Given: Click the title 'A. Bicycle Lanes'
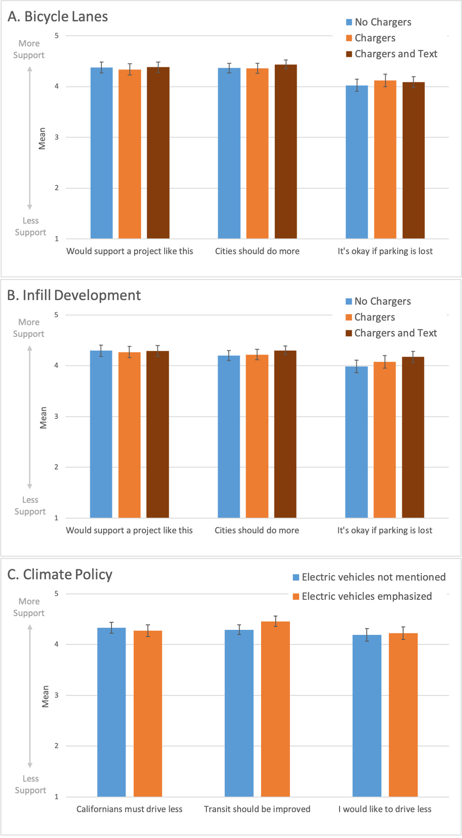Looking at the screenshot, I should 58,17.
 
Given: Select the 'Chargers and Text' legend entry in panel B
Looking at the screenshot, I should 391,333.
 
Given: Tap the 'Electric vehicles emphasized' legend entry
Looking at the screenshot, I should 363,597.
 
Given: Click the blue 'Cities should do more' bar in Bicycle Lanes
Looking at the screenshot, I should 229,153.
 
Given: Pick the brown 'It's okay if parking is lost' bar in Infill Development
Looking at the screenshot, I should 413,437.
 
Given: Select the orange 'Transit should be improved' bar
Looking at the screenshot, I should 275,709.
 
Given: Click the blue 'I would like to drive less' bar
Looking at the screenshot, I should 367,716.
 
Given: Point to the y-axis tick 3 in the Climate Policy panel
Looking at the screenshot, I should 56,695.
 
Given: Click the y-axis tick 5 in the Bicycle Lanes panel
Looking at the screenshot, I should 57,36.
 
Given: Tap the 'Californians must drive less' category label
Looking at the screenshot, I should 129,809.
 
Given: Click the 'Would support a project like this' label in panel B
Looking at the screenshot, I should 129,530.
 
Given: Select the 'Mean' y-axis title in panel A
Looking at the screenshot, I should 42,138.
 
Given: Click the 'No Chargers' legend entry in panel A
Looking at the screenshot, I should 379,22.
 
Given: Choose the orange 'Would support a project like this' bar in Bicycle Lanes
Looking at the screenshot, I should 130,154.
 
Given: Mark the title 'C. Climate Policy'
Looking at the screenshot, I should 60,575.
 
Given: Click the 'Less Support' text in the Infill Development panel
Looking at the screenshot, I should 30,506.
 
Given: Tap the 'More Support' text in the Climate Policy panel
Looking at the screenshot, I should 29,607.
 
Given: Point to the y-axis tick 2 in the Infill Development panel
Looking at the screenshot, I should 56,467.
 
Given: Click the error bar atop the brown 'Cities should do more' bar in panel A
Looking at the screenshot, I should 286,64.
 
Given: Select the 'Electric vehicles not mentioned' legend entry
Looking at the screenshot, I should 370,578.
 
